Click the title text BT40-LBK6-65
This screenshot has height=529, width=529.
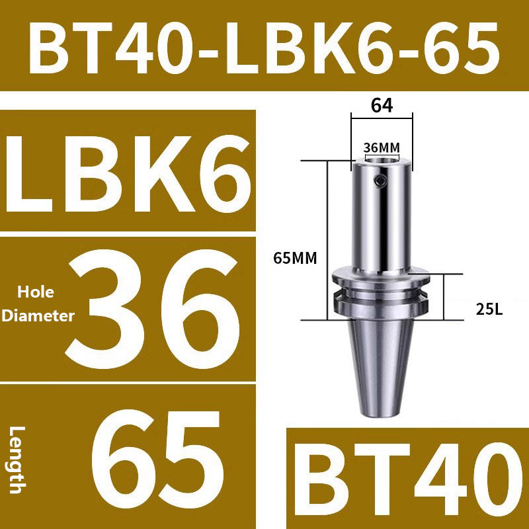(264, 46)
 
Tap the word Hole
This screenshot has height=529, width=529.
(37, 292)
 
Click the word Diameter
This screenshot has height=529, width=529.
(38, 316)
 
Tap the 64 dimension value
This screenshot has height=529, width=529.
(382, 105)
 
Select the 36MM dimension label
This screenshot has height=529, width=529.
(382, 147)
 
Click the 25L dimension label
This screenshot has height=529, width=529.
(489, 307)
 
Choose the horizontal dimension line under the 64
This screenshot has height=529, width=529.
(382, 119)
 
